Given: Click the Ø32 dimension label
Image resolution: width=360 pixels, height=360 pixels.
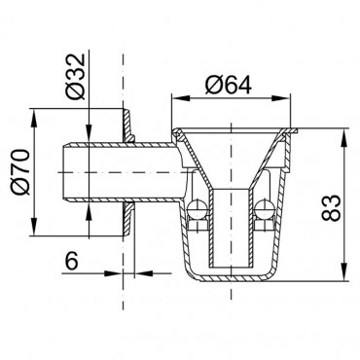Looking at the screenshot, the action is pyautogui.click(x=75, y=77).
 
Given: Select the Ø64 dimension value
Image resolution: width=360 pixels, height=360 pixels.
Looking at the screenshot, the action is pyautogui.click(x=229, y=85).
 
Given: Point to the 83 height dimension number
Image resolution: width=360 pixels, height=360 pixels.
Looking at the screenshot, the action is pyautogui.click(x=331, y=208).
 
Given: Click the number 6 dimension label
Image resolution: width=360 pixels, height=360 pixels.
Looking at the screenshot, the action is pyautogui.click(x=72, y=261).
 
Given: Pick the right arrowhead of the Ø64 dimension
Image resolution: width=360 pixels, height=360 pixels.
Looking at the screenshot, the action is pyautogui.click(x=281, y=98).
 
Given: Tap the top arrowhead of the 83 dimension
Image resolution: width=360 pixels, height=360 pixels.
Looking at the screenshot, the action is pyautogui.click(x=343, y=137).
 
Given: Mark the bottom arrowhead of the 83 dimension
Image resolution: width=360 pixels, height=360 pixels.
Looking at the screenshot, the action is pyautogui.click(x=343, y=271).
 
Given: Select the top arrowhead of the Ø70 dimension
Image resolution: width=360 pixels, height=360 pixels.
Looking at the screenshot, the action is pyautogui.click(x=34, y=118).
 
